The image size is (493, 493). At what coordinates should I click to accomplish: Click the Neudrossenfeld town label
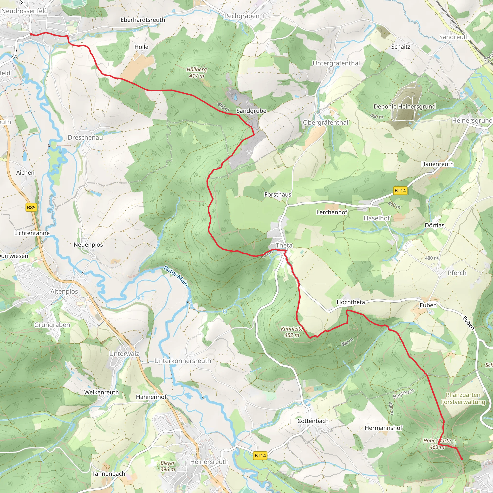25,11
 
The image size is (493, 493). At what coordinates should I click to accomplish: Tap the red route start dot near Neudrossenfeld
31,34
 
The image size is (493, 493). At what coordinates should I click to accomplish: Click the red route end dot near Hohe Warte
461,459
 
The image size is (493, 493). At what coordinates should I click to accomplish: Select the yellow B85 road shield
31,208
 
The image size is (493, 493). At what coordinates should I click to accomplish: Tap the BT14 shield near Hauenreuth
400,190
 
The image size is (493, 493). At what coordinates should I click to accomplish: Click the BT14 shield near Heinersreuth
260,455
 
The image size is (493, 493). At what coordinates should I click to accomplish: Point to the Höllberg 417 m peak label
196,72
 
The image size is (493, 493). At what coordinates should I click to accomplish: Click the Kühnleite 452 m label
292,332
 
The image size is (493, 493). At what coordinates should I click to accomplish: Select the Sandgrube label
251,111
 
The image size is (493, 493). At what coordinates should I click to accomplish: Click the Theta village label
284,245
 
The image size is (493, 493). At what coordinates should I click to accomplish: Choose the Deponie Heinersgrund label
404,106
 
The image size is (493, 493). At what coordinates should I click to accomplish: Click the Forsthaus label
278,195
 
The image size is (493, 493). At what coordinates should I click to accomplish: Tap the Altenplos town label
64,292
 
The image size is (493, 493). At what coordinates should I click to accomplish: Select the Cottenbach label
313,421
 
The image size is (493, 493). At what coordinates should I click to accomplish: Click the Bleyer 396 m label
168,466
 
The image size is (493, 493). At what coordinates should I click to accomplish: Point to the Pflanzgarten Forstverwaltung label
463,398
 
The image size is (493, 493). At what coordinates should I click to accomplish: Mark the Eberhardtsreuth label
143,20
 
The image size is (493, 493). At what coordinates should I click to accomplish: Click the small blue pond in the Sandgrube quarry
234,97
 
